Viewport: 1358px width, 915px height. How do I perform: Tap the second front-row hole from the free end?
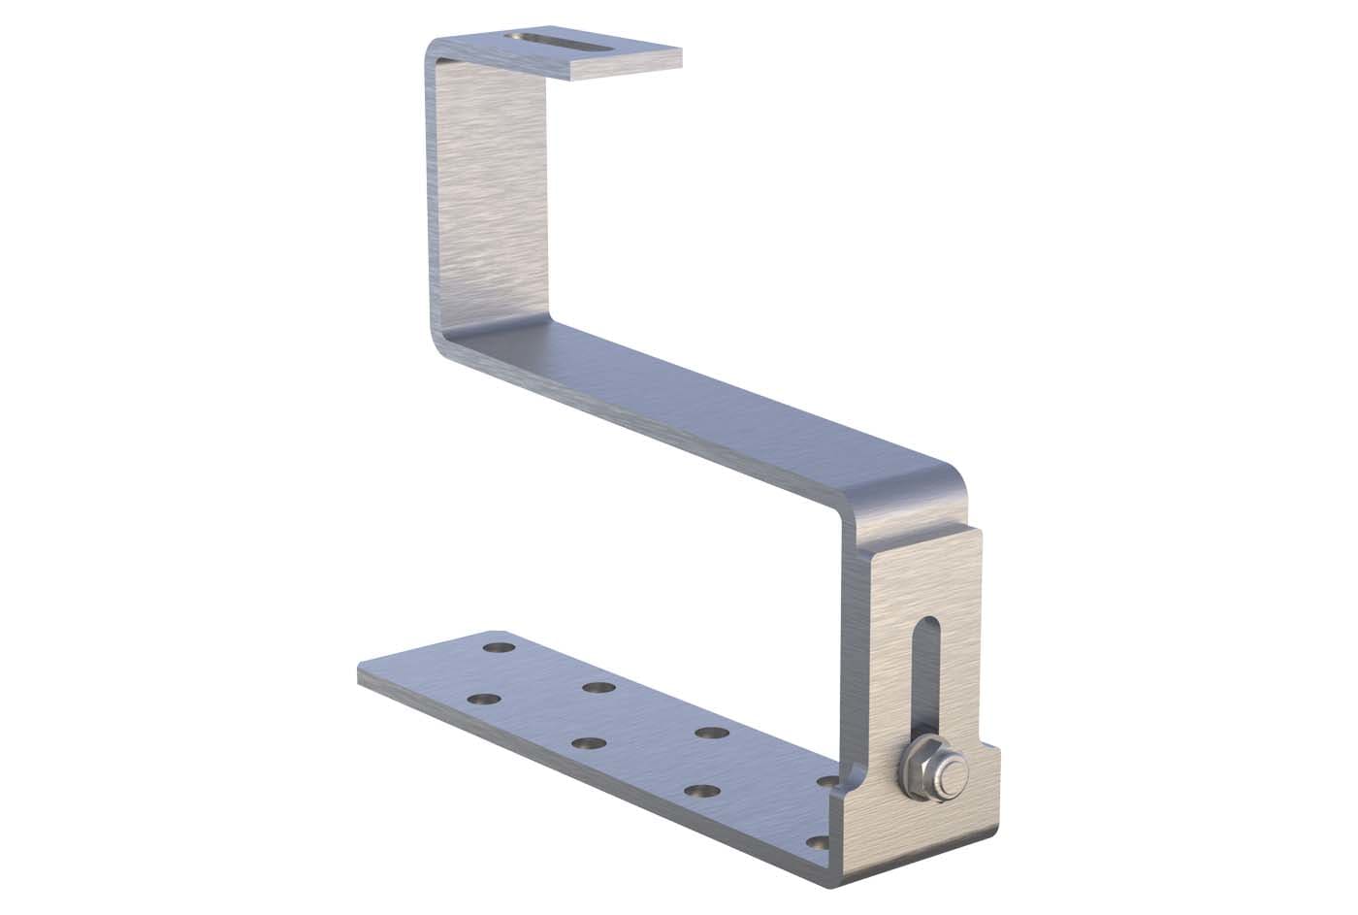coord(588,744)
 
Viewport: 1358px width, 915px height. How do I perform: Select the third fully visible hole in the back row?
coord(711,733)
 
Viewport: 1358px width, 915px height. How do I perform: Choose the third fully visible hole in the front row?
coord(700,791)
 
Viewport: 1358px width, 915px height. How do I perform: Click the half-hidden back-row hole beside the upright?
coord(827,780)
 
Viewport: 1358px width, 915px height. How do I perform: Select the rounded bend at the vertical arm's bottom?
coord(446,340)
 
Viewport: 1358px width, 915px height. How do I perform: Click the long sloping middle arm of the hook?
coord(698,408)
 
